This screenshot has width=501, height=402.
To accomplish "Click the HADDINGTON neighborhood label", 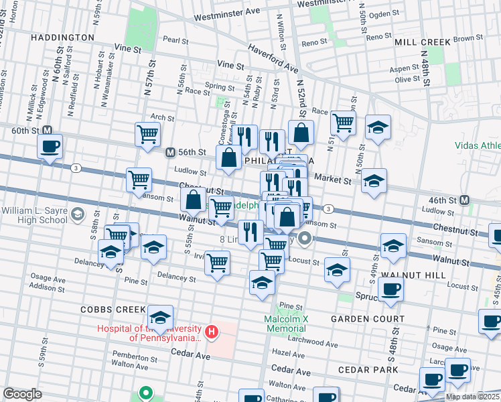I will click(62, 38).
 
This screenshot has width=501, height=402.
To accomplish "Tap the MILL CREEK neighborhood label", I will click(423, 42).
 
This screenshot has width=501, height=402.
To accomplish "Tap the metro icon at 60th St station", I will click(47, 130).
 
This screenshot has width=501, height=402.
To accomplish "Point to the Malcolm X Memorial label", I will click(285, 324).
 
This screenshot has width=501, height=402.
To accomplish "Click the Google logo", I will click(22, 394).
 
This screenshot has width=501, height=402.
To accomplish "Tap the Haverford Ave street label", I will click(273, 58).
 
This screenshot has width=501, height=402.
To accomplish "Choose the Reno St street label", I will click(313, 42).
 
